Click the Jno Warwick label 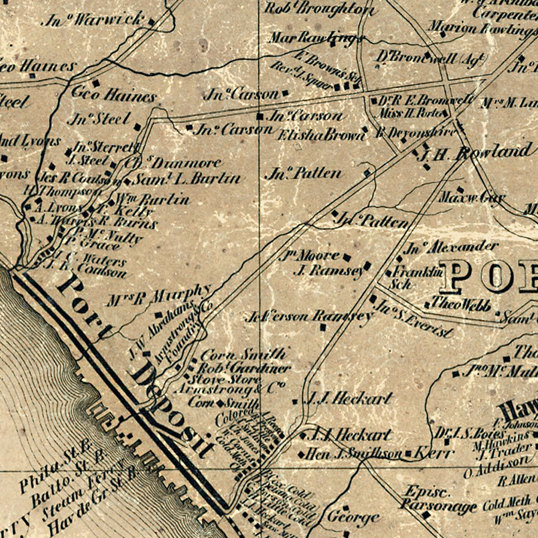(x=93, y=20)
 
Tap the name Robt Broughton (x=320, y=8)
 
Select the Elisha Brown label (x=317, y=135)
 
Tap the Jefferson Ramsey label (x=310, y=316)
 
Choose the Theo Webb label (x=457, y=304)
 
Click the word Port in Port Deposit (x=84, y=305)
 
